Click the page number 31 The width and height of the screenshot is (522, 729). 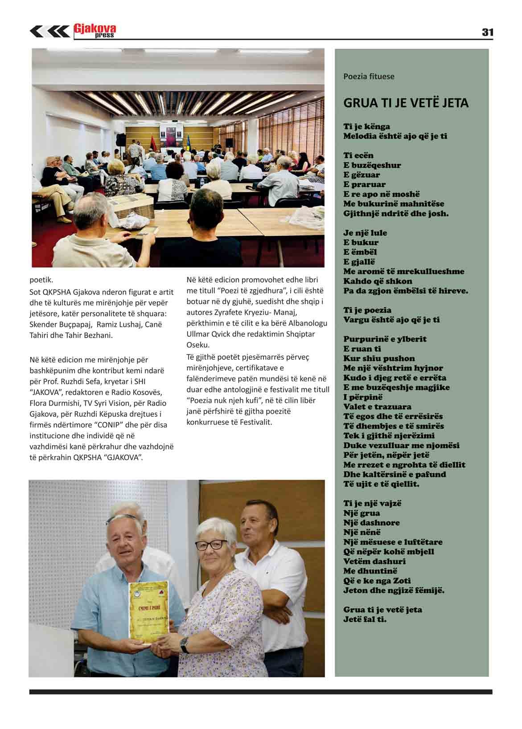[x=487, y=32]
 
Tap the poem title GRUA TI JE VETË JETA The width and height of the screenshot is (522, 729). [x=406, y=103]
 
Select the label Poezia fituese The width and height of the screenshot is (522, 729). [x=369, y=76]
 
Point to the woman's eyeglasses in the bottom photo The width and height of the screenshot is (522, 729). [x=211, y=544]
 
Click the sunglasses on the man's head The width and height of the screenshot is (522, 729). [x=121, y=518]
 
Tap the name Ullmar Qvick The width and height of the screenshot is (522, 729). [x=206, y=334]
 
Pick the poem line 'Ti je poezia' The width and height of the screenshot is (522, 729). [x=367, y=310]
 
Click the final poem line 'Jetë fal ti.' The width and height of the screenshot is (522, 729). [x=365, y=619]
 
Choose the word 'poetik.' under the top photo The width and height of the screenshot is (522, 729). [x=41, y=280]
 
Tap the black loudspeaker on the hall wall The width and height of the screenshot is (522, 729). [x=229, y=143]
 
